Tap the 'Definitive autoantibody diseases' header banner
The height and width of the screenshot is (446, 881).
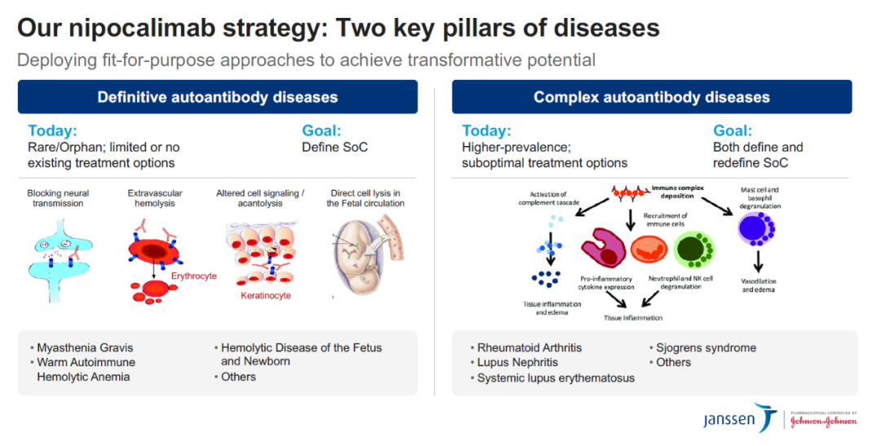click(218, 97)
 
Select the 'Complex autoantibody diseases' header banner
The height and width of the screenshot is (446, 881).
click(652, 97)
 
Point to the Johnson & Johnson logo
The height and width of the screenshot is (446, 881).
click(824, 420)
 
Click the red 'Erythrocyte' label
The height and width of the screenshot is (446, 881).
click(194, 276)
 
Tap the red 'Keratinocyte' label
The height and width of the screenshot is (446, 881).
click(266, 295)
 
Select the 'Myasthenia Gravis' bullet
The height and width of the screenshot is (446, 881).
click(85, 347)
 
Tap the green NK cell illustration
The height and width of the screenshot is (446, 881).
click(694, 249)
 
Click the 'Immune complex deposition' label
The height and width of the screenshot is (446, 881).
click(677, 192)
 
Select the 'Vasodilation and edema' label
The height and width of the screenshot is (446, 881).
click(759, 285)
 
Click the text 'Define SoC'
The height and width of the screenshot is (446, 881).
click(335, 147)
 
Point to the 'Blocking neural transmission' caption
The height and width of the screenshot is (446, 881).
click(58, 198)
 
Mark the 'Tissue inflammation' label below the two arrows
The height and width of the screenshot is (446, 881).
click(633, 318)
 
